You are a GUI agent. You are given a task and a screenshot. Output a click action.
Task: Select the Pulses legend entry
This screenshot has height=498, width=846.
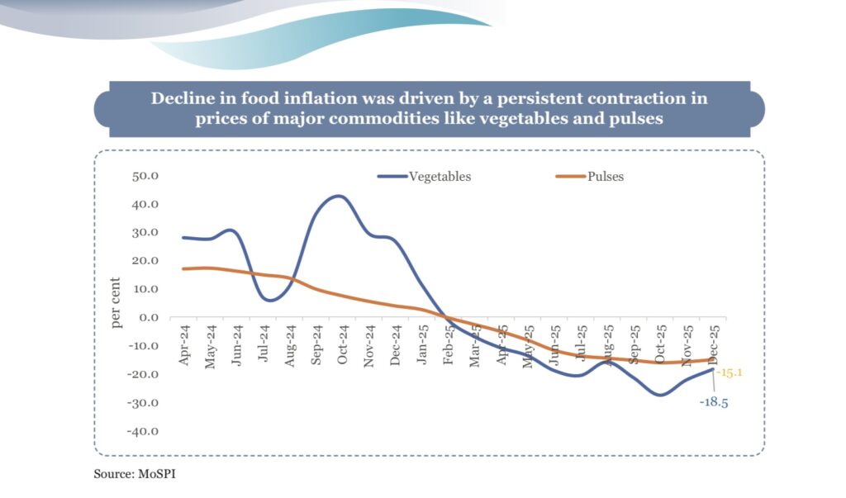pyautogui.click(x=605, y=177)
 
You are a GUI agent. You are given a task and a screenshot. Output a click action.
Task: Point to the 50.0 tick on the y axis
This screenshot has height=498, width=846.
pyautogui.click(x=145, y=176)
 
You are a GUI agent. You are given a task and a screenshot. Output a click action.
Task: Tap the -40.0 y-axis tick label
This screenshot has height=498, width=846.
pyautogui.click(x=144, y=430)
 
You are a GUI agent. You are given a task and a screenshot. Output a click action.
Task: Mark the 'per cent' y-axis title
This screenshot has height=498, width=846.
pyautogui.click(x=116, y=303)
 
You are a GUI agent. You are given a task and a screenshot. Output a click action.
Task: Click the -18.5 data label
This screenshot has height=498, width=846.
pyautogui.click(x=713, y=403)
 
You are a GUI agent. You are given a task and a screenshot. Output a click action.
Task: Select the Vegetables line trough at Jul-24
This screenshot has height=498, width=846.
pyautogui.click(x=270, y=300)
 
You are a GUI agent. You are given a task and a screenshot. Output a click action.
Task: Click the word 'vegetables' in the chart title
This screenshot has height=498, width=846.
pyautogui.click(x=524, y=118)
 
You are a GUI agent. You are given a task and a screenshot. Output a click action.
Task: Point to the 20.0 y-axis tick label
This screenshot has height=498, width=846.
pyautogui.click(x=145, y=260)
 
